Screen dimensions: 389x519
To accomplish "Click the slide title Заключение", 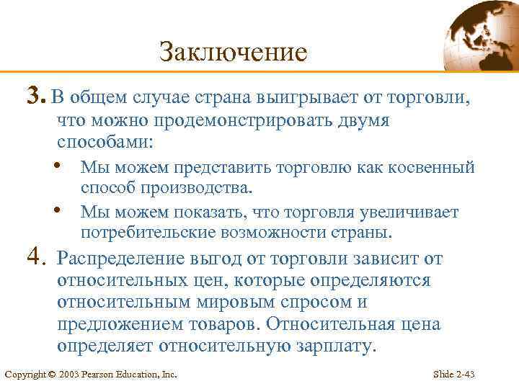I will point(233,52).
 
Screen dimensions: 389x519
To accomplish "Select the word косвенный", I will point(430,168).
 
